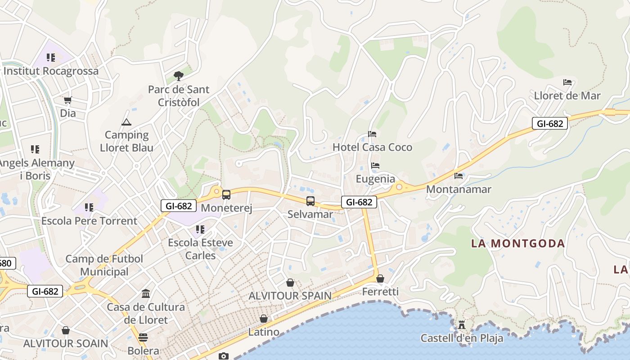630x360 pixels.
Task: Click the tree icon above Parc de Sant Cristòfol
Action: tap(179, 76)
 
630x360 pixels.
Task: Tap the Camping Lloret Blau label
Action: tap(126, 141)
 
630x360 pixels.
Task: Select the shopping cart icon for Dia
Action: tap(67, 100)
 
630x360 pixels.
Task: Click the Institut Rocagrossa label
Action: tap(51, 71)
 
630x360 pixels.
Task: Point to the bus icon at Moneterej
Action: tap(226, 195)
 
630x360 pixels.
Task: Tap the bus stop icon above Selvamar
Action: tap(310, 201)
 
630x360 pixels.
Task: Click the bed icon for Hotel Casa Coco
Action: tap(372, 134)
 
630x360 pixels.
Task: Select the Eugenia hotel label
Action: tap(375, 179)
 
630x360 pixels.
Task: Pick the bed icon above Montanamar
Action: tap(459, 176)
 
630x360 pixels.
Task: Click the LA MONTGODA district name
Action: tap(517, 243)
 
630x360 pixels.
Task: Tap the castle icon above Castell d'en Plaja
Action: tap(461, 324)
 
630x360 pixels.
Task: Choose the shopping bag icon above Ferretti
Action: tap(380, 279)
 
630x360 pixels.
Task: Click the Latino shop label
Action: tap(264, 332)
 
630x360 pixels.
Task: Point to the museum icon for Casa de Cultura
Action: tap(146, 294)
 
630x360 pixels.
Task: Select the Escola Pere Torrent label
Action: tap(89, 221)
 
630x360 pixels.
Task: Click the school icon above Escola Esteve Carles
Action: tap(200, 229)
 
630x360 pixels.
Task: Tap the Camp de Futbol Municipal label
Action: tap(104, 265)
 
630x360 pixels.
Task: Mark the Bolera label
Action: tap(143, 351)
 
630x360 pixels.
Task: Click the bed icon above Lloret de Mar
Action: tap(567, 82)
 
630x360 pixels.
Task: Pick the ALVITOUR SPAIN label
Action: tap(290, 296)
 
